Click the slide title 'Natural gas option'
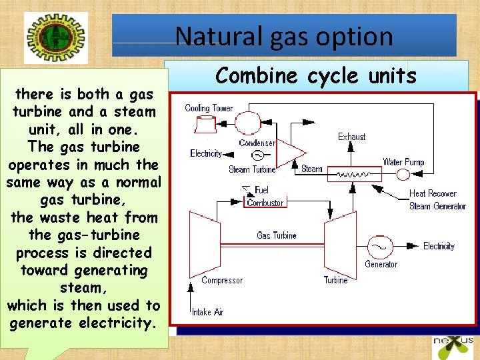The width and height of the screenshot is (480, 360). [x=284, y=36]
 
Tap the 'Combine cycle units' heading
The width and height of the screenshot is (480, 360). [x=316, y=76]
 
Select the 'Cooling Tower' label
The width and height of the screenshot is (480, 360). [x=209, y=108]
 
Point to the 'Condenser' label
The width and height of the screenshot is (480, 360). [x=257, y=143]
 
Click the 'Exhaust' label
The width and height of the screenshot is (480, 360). [x=351, y=137]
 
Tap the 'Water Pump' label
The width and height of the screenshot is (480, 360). [x=403, y=162]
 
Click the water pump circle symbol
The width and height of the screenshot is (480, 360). [x=403, y=175]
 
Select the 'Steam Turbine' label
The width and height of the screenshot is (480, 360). [x=252, y=169]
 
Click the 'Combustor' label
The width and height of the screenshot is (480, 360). [x=265, y=203]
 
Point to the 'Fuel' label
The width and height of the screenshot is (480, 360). [x=261, y=190]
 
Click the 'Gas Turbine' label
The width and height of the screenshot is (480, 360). [x=277, y=235]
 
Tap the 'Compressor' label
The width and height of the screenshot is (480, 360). [x=222, y=281]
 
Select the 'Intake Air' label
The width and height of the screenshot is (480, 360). [x=207, y=312]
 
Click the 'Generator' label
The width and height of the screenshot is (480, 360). [x=381, y=264]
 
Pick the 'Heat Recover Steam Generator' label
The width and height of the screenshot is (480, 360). [x=437, y=199]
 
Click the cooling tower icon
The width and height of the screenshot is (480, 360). [x=204, y=125]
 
